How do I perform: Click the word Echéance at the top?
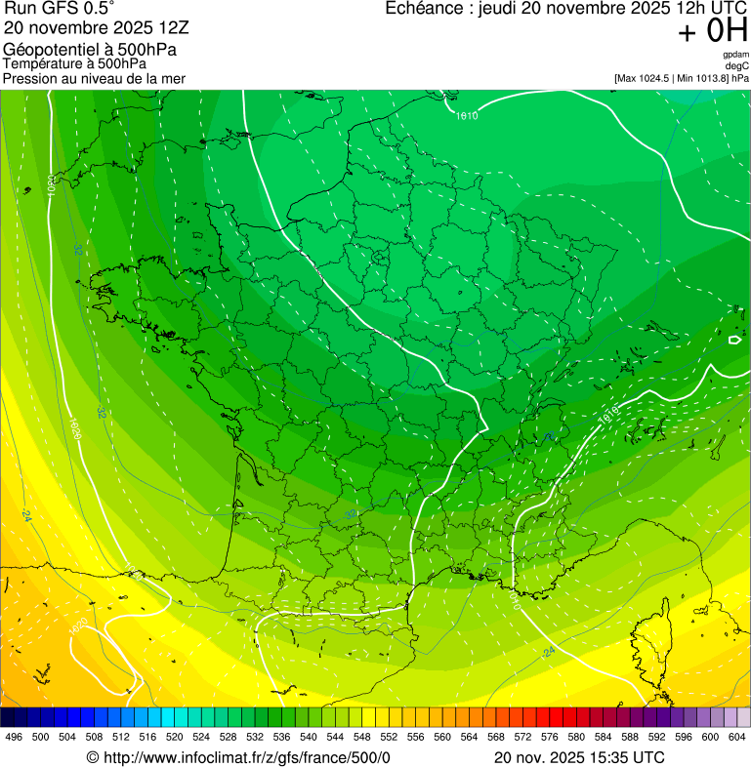[x=424, y=9]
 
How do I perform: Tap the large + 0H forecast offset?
[x=712, y=31]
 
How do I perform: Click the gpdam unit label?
[x=735, y=55]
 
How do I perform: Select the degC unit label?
[x=737, y=65]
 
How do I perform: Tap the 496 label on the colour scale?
[x=14, y=737]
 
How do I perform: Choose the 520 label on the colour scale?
[x=174, y=737]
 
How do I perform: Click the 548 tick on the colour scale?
[x=361, y=737]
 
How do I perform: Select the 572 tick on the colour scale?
[x=522, y=737]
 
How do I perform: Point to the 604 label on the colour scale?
[x=736, y=737]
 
